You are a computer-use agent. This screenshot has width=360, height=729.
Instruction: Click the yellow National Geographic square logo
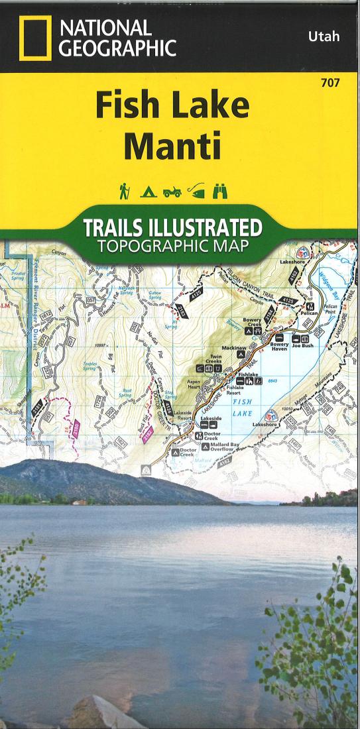(35, 39)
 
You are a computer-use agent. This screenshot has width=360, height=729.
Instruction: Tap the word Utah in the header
(324, 36)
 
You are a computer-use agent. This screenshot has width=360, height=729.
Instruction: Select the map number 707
(331, 83)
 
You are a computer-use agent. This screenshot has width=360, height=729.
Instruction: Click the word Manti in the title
(172, 147)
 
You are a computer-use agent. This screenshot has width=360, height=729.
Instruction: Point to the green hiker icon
(123, 192)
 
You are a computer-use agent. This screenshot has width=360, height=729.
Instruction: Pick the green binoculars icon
(219, 192)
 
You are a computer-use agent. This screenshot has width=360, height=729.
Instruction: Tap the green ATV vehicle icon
(171, 192)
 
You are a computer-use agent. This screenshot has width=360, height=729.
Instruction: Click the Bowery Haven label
(278, 347)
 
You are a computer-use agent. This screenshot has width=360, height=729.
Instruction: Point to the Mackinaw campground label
(229, 347)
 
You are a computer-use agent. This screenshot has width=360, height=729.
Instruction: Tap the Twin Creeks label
(215, 359)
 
